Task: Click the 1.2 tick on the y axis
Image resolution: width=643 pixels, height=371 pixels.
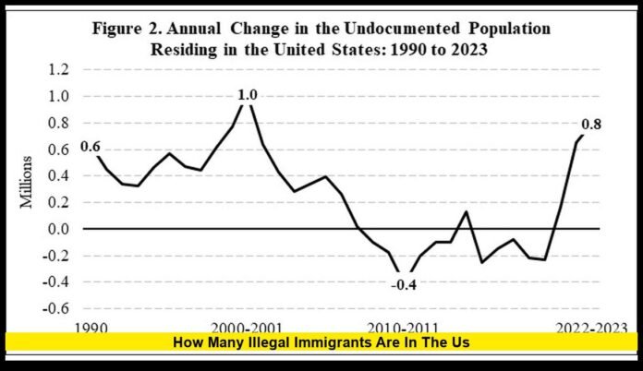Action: pyautogui.click(x=57, y=70)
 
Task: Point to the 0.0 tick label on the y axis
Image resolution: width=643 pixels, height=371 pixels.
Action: pyautogui.click(x=57, y=229)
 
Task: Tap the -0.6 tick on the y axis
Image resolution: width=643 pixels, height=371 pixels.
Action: pyautogui.click(x=55, y=308)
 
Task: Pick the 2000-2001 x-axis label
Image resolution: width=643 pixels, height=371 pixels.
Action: pyautogui.click(x=245, y=327)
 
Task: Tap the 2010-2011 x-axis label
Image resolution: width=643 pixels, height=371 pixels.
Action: pyautogui.click(x=404, y=327)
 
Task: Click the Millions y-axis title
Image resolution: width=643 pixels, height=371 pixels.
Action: pyautogui.click(x=28, y=189)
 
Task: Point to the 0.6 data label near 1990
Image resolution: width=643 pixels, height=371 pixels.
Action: pyautogui.click(x=91, y=146)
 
